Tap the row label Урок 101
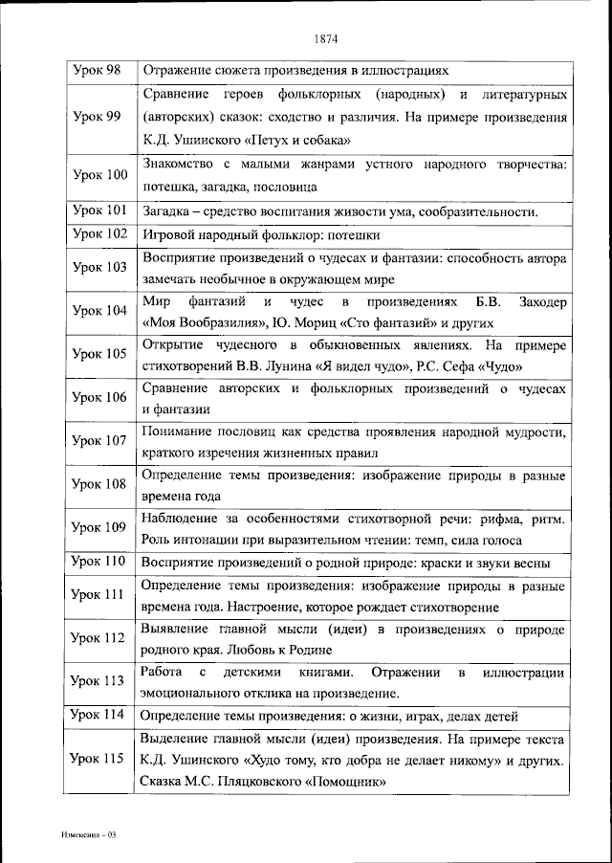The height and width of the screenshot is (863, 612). coord(98,210)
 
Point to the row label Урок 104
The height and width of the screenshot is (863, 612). coord(98,311)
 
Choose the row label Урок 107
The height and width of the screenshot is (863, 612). coord(98,441)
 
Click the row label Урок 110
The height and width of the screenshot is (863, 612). coord(98,561)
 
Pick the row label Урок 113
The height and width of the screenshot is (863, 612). coord(98,681)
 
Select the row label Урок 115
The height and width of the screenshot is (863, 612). coord(98,758)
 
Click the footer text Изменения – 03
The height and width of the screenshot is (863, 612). coord(85,835)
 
